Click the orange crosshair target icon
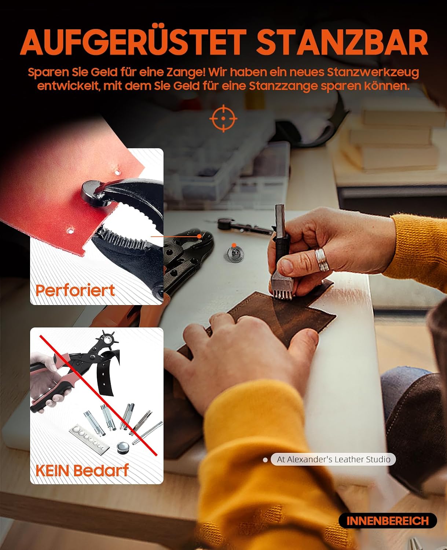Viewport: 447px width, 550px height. [x=223, y=118]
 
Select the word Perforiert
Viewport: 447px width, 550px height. [x=75, y=290]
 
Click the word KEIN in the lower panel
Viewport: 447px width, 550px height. [x=53, y=471]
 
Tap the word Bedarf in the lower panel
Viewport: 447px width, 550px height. [x=101, y=470]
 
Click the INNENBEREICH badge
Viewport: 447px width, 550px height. [x=388, y=521]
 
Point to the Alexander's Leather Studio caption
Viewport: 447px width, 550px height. [x=333, y=459]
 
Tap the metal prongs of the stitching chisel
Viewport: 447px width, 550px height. [x=281, y=294]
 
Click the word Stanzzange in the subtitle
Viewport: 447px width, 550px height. [x=283, y=87]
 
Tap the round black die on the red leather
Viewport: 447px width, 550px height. [x=92, y=194]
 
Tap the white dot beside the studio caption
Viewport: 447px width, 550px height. [x=265, y=460]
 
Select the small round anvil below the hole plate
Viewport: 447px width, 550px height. [x=123, y=447]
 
